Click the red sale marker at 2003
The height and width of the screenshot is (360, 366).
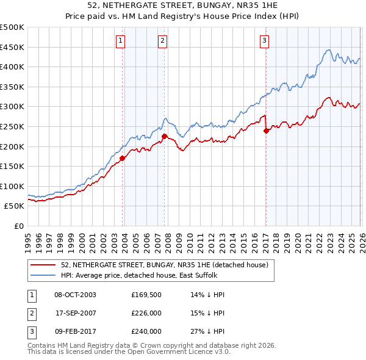(x=123, y=158)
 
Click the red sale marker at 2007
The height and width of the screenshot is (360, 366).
(x=165, y=136)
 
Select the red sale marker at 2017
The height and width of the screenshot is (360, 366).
(x=266, y=131)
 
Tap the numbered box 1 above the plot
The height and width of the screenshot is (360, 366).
(x=121, y=41)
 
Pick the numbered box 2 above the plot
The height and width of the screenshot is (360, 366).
(x=163, y=41)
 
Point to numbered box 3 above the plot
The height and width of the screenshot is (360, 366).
(x=264, y=41)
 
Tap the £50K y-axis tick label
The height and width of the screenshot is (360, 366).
(x=15, y=206)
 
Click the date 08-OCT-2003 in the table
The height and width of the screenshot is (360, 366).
(x=75, y=295)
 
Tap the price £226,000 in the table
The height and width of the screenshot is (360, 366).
(x=146, y=313)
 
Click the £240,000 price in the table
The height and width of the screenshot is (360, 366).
(x=146, y=331)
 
